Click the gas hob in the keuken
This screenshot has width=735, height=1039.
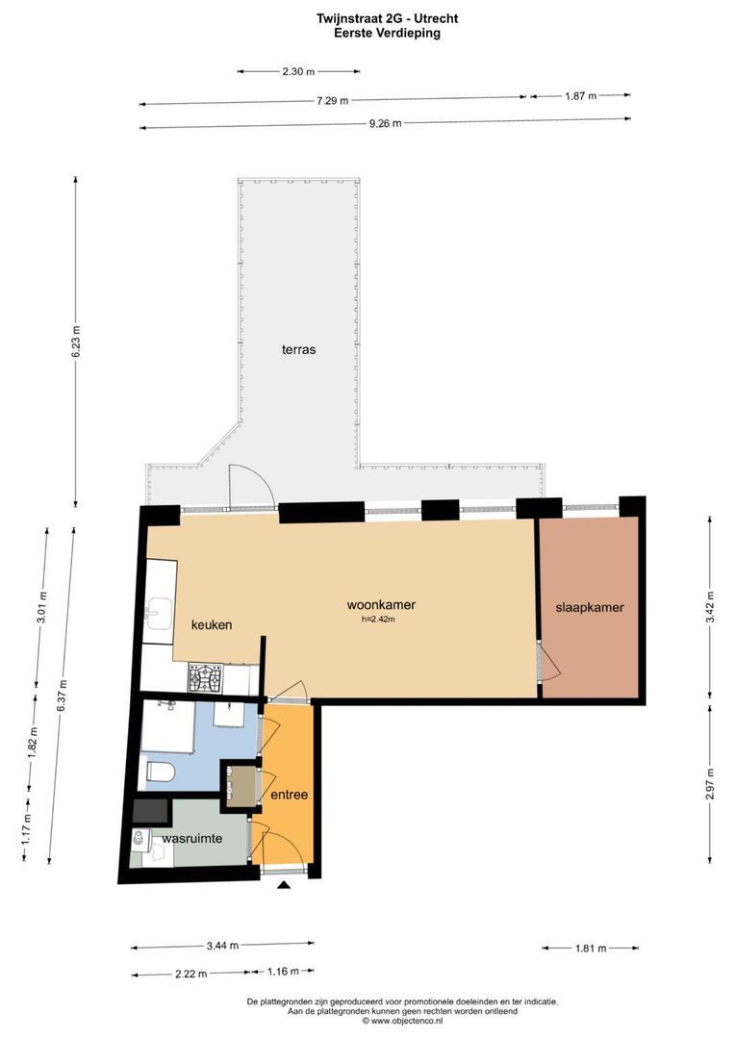[x=205, y=679]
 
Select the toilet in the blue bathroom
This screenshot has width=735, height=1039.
[x=159, y=773]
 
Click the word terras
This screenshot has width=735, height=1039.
[x=298, y=350]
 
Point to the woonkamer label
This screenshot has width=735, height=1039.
[x=381, y=605]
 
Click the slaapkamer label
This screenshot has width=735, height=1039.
[x=590, y=608]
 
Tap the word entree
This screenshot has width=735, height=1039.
[x=289, y=795]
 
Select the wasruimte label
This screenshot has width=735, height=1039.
[x=192, y=839]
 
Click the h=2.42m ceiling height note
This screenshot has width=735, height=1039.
[x=377, y=620]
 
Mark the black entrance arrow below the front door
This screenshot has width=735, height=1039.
[x=283, y=886]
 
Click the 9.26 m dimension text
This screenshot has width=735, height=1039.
[x=385, y=123]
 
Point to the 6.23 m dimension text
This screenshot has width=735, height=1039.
[x=75, y=342]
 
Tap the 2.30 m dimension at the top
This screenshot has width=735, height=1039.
[x=298, y=71]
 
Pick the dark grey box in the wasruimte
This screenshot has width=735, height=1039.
[x=149, y=811]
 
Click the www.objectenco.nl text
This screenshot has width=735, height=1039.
[x=402, y=1021]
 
